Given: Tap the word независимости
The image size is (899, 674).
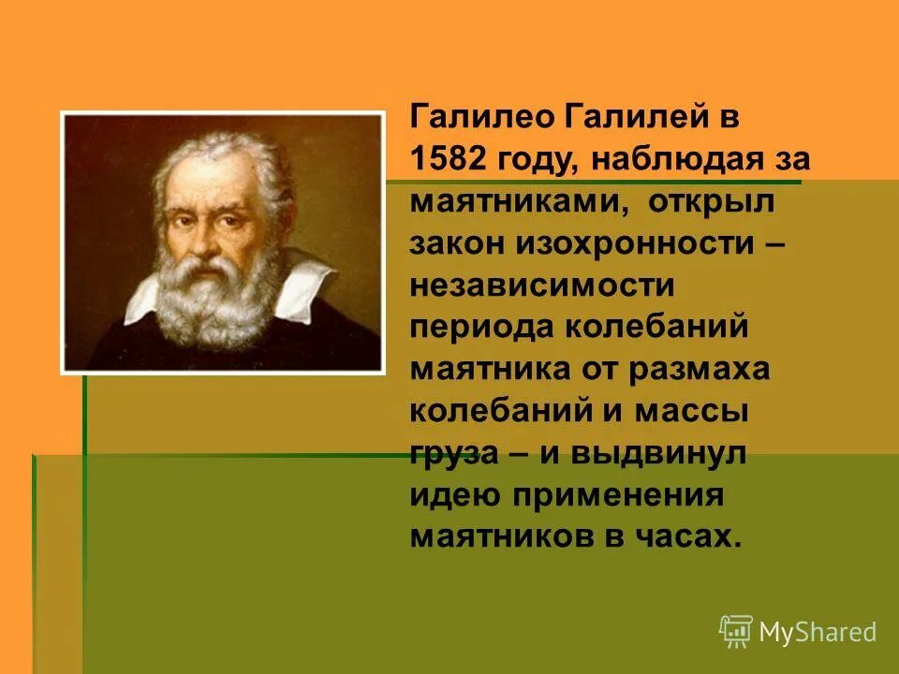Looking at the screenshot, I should pos(541,285).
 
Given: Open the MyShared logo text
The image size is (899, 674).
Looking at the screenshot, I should pos(818,633).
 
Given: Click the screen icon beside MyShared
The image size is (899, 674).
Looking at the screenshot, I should pos(736,632).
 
